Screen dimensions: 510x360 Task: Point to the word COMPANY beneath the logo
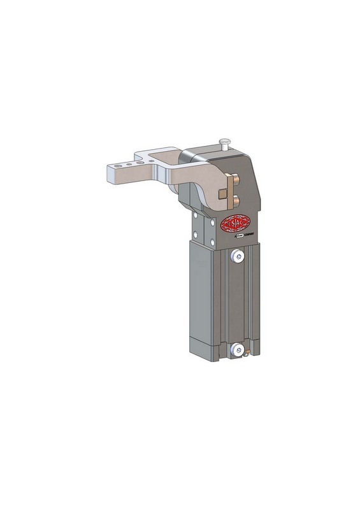pos(248,237)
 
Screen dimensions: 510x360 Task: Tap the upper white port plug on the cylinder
pos(238,256)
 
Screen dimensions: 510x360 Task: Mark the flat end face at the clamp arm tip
pos(109,173)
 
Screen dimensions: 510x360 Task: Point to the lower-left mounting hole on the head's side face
pos(195,238)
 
